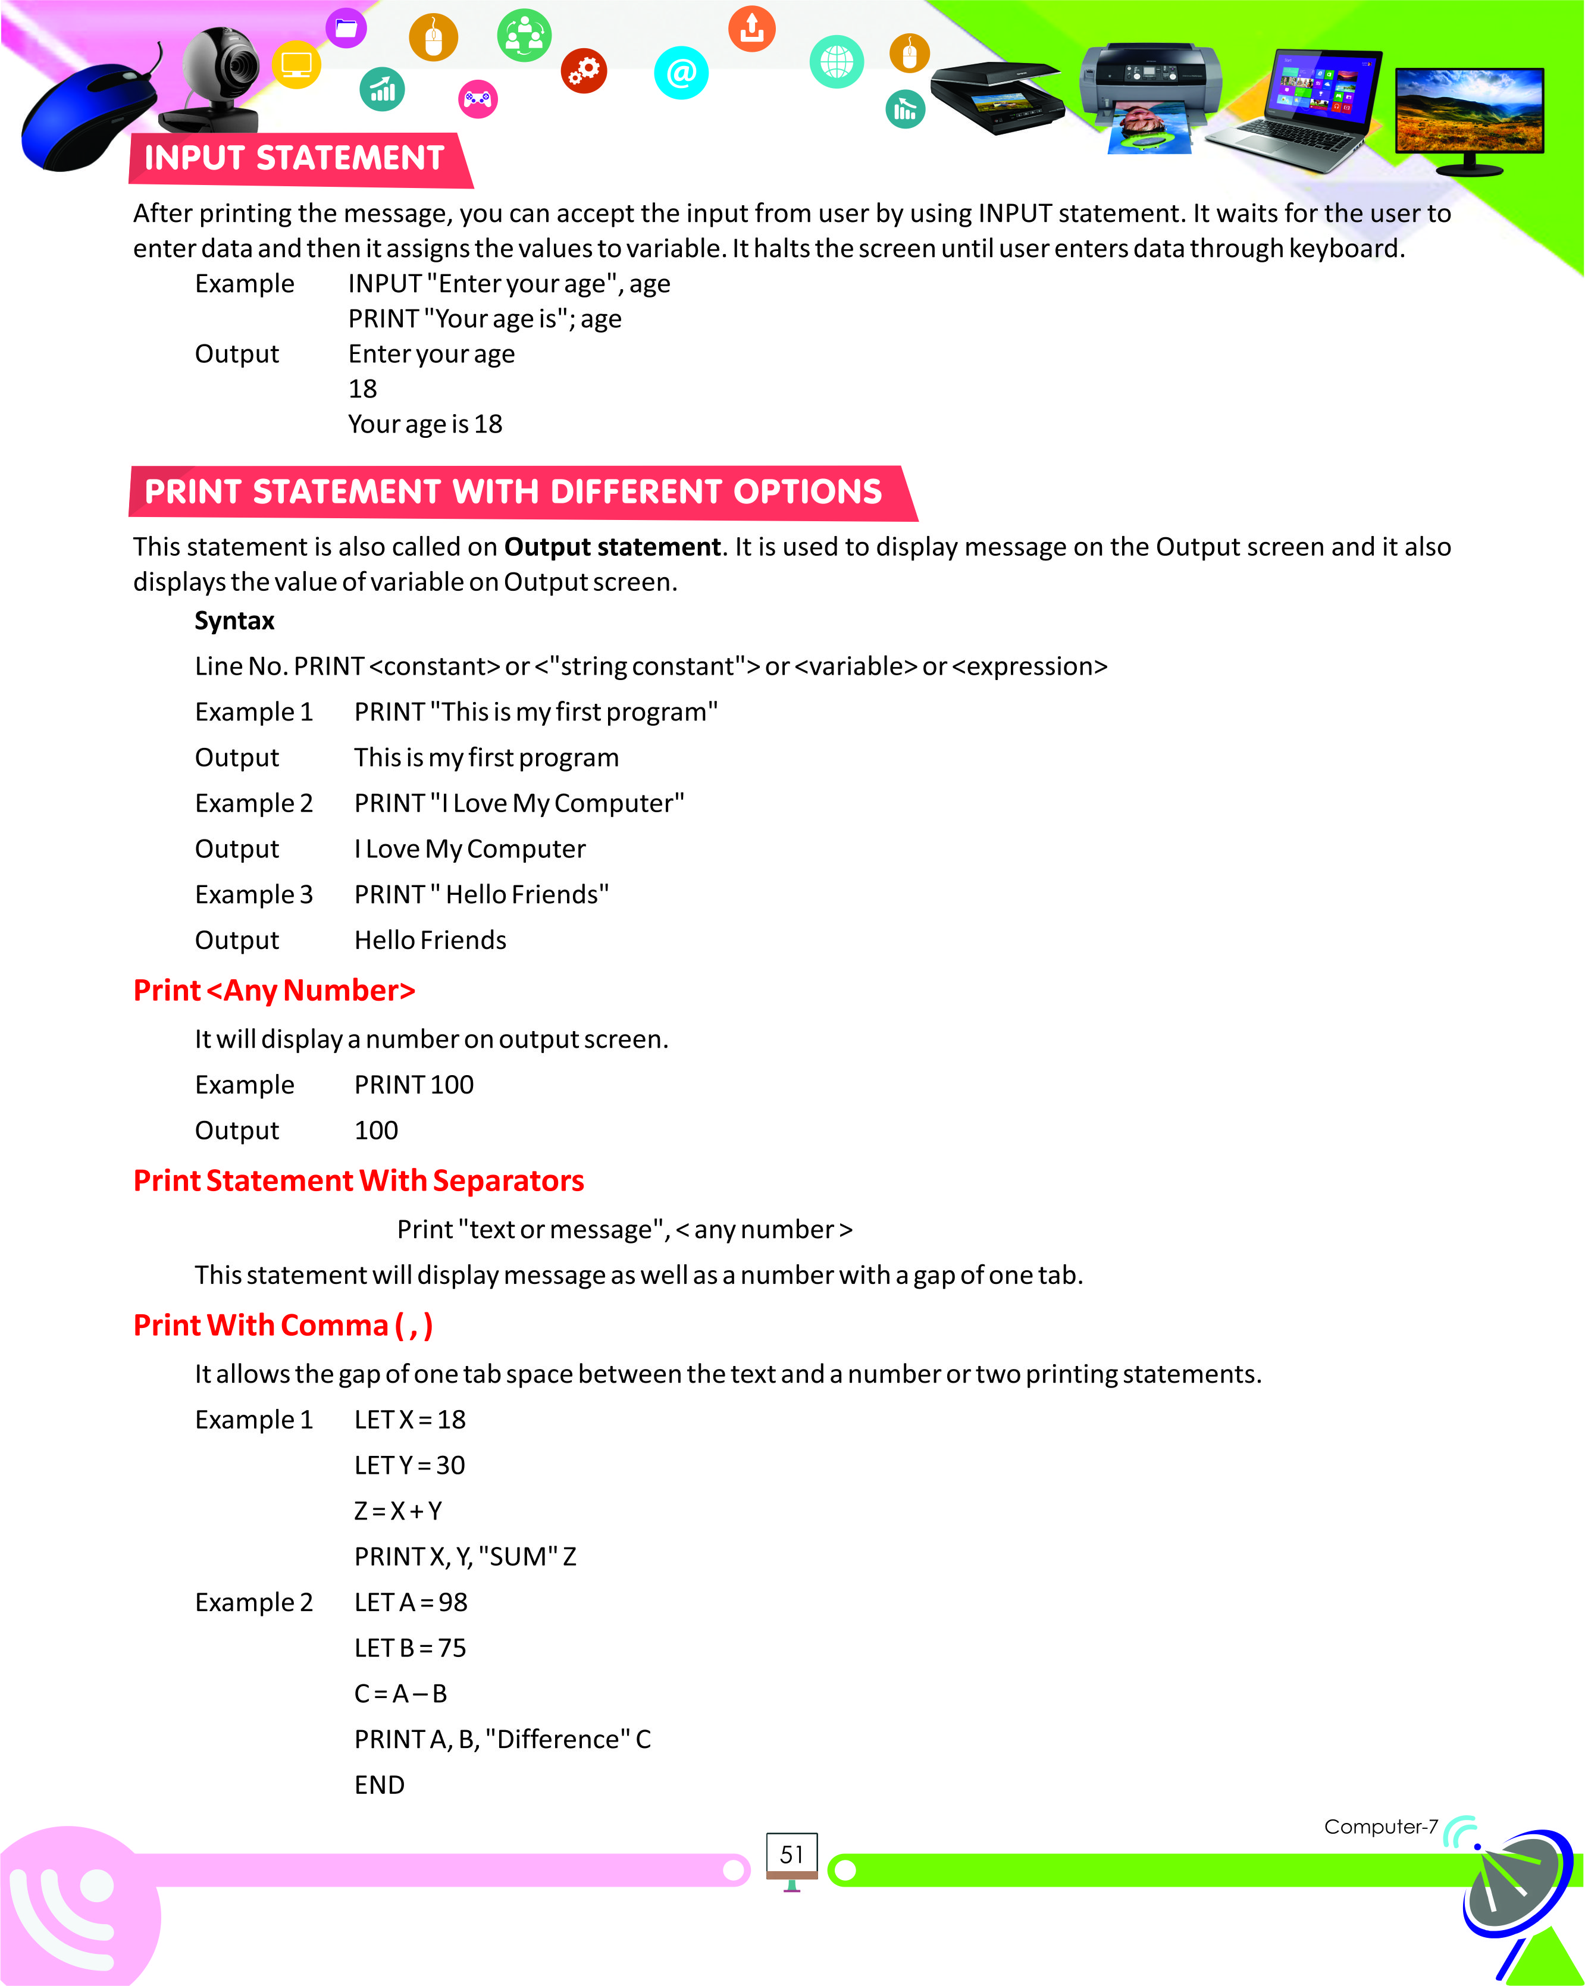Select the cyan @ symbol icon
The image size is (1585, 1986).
point(681,72)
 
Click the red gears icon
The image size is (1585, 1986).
point(584,70)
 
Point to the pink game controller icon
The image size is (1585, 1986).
point(477,99)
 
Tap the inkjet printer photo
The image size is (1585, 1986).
point(1151,97)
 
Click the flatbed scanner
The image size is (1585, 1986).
point(995,97)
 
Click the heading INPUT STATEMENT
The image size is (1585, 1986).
point(295,158)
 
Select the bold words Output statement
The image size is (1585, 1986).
point(612,547)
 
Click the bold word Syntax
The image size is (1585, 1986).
point(234,621)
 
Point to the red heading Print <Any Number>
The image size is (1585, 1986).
point(274,990)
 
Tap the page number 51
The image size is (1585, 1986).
point(791,1855)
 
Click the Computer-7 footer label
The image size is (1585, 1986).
point(1380,1827)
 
